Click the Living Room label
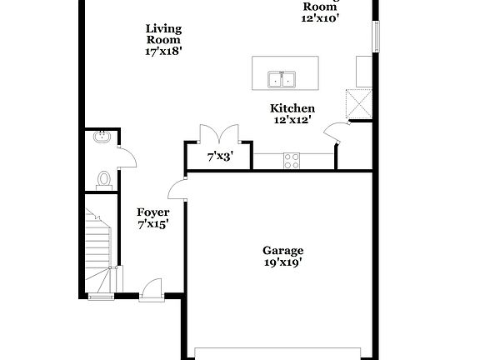coord(163,34)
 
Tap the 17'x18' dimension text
coord(163,51)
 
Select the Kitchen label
coord(292,108)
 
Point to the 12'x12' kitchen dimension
coord(292,120)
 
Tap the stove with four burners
coord(292,161)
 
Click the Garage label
coord(283,250)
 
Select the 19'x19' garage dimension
coord(283,262)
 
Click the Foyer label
coord(153,212)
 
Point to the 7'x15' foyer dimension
coord(153,224)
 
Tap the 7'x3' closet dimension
coord(219,156)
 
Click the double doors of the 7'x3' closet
coord(219,133)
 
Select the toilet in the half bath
coord(105,179)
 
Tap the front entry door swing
coord(152,288)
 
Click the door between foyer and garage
coord(177,191)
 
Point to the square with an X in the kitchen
coord(359,104)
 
